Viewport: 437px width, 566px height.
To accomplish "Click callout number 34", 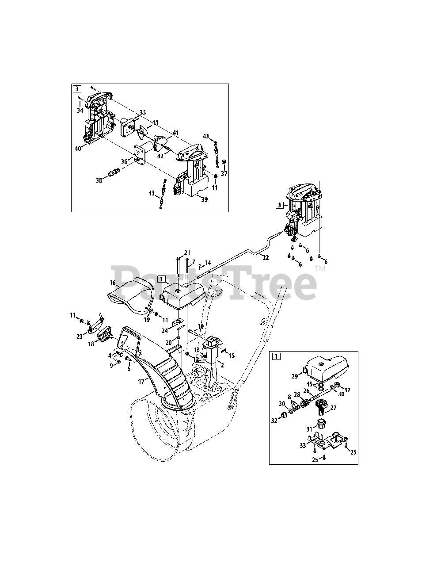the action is coord(80,110).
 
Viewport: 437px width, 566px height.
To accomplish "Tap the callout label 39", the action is coord(204,199).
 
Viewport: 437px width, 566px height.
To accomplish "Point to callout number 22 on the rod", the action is coord(265,258).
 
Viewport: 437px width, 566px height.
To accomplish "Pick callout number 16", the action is coord(113,283).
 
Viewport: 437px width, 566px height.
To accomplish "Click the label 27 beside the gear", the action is coord(333,408).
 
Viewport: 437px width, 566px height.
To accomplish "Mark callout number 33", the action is coord(302,446).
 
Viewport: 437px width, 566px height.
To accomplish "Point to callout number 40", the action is coord(78,149).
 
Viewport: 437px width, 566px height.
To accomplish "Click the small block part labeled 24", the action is coord(179,325).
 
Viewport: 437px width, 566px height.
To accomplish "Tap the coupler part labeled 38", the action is coord(114,172).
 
